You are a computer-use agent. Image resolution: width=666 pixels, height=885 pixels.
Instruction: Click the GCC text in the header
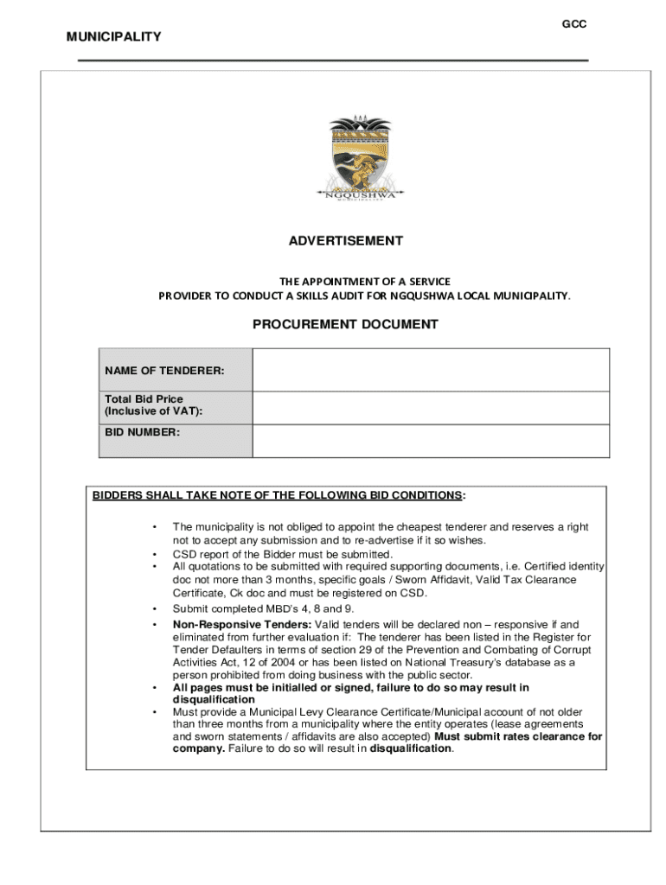pyautogui.click(x=574, y=24)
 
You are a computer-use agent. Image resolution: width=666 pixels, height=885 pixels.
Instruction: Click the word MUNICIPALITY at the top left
pyautogui.click(x=114, y=36)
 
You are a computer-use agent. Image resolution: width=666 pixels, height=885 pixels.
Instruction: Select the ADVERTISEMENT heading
pyautogui.click(x=346, y=241)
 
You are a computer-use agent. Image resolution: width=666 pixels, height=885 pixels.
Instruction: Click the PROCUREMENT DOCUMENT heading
pyautogui.click(x=345, y=325)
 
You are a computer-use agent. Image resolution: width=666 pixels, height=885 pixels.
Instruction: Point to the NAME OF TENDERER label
pyautogui.click(x=164, y=371)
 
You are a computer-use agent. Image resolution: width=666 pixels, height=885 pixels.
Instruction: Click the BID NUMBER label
pyautogui.click(x=142, y=430)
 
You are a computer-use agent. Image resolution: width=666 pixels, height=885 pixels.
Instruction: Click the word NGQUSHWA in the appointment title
pyautogui.click(x=425, y=296)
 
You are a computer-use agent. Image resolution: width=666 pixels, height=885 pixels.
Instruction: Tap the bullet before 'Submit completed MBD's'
pyautogui.click(x=153, y=608)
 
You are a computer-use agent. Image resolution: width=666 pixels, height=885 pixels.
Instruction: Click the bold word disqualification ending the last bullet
pyautogui.click(x=410, y=748)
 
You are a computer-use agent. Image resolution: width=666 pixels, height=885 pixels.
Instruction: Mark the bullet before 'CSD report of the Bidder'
pyautogui.click(x=153, y=554)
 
